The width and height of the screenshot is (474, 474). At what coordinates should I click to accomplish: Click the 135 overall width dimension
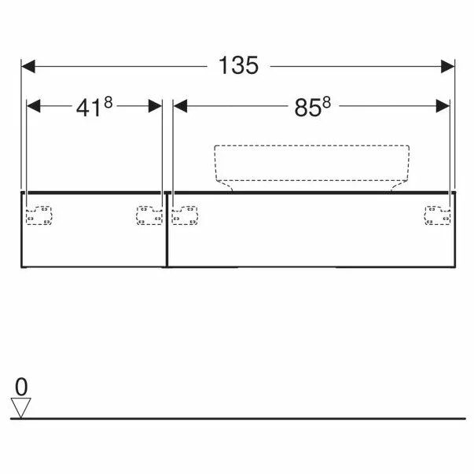(x=238, y=65)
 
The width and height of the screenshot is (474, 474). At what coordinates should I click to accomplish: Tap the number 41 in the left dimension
(x=88, y=108)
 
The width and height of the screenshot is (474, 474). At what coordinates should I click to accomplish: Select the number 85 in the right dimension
(x=307, y=108)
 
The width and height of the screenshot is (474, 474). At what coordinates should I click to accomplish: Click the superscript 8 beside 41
(x=108, y=102)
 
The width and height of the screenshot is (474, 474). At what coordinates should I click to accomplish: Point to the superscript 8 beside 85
(x=326, y=102)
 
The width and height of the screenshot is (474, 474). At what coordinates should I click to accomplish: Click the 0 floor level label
(x=21, y=387)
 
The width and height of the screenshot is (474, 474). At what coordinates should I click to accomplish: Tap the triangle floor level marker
(x=21, y=408)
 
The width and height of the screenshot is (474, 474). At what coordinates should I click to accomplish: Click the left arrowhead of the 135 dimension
(x=28, y=67)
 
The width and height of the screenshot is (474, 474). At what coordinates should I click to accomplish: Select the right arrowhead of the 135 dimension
(x=448, y=67)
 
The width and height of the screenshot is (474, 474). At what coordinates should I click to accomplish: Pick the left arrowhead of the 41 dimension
(x=34, y=106)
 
